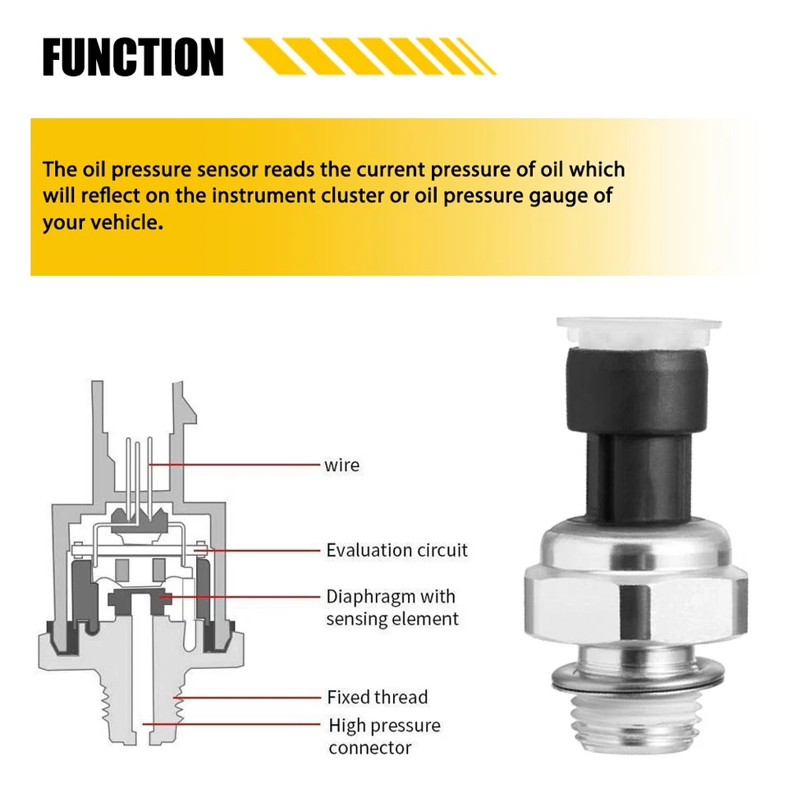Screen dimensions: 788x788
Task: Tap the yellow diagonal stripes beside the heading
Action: coord(369,56)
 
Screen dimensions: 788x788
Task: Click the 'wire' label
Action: coord(341,465)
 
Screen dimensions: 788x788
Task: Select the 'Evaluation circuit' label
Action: coord(396,550)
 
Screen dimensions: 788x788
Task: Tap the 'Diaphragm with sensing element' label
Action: coord(392,607)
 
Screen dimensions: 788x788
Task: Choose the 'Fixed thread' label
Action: coord(377,698)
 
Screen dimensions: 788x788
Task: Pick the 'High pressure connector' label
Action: coord(384,736)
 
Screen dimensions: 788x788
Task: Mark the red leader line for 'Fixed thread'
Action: coord(246,698)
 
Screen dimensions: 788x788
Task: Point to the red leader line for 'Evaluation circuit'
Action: coord(263,550)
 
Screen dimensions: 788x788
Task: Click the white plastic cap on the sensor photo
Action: coord(631,332)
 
